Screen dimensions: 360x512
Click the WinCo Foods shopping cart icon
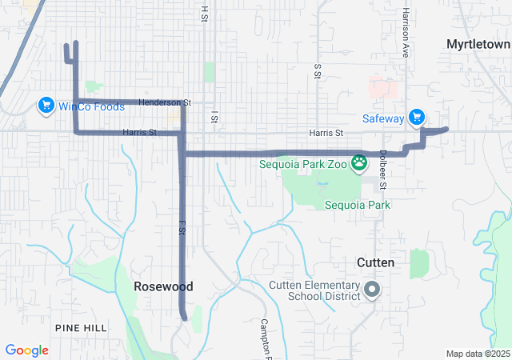pyautogui.click(x=46, y=105)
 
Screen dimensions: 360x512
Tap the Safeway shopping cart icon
pyautogui.click(x=416, y=118)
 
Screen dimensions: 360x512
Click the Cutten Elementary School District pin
pyautogui.click(x=372, y=290)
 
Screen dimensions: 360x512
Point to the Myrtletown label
pyautogui.click(x=478, y=43)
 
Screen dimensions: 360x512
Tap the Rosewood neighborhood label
pyautogui.click(x=163, y=286)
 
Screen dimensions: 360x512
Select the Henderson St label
pyautogui.click(x=165, y=102)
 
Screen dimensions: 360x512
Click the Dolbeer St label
pyautogui.click(x=383, y=170)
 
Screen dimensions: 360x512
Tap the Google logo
pyautogui.click(x=26, y=350)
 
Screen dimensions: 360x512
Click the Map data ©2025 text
pyautogui.click(x=478, y=354)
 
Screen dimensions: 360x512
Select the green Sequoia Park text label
pyautogui.click(x=357, y=205)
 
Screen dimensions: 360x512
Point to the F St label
pyautogui.click(x=182, y=227)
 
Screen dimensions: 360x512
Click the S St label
pyautogui.click(x=318, y=73)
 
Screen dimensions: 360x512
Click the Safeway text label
pyautogui.click(x=383, y=118)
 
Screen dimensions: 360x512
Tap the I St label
pyautogui.click(x=214, y=118)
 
